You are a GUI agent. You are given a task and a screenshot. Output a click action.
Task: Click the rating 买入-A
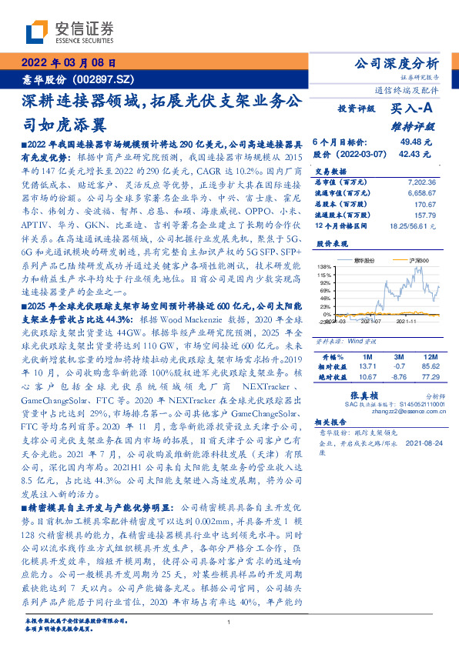[412, 109]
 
